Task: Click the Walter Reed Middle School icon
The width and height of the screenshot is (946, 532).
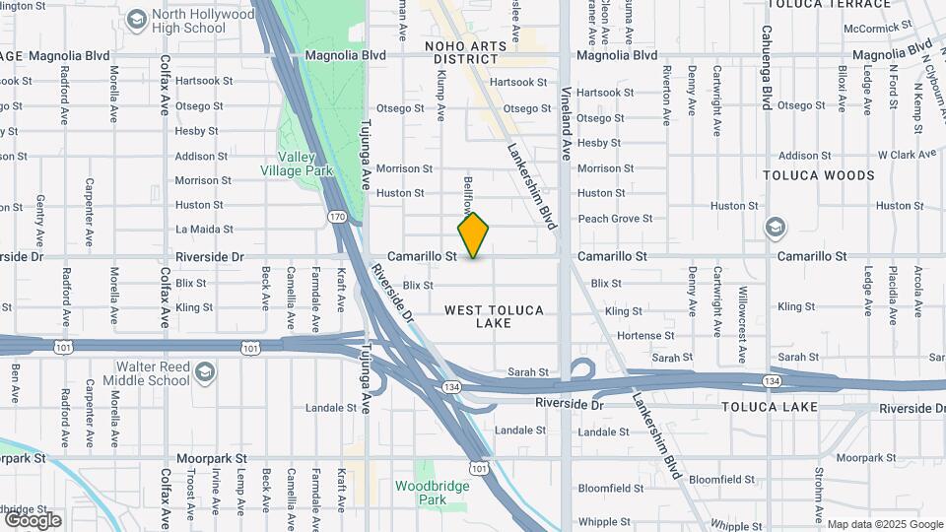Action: (x=204, y=372)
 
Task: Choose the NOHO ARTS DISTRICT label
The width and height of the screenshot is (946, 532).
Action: (x=461, y=52)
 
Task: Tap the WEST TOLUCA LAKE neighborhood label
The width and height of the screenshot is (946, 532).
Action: (x=494, y=316)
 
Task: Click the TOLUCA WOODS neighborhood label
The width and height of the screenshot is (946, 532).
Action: (x=819, y=175)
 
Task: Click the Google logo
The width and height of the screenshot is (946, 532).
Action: (x=33, y=519)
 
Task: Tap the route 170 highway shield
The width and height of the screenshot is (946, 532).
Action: (x=336, y=214)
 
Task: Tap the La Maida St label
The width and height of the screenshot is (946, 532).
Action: (x=203, y=230)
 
